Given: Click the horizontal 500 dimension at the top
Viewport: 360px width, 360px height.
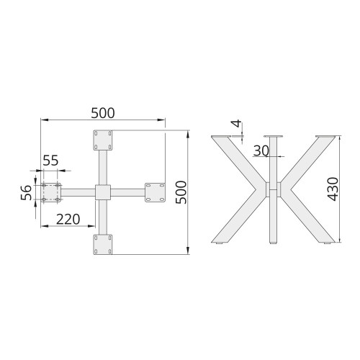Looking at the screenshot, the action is tap(103, 113).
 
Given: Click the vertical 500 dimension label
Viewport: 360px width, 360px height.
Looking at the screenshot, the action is tap(181, 192).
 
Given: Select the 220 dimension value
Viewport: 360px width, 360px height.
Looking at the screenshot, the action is tap(68, 220).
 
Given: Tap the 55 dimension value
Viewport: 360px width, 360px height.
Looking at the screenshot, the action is tap(50, 161).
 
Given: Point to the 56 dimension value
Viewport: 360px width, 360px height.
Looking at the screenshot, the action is tap(27, 192).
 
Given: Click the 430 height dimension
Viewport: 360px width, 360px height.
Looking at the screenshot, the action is tap(333, 189).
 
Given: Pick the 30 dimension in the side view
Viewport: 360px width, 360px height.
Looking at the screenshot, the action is tap(261, 151).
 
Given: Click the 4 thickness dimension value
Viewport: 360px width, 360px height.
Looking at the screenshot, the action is tap(237, 124).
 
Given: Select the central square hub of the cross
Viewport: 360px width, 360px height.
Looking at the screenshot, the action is tap(103, 192).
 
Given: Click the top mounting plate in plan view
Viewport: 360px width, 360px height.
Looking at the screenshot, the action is tap(103, 140).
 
